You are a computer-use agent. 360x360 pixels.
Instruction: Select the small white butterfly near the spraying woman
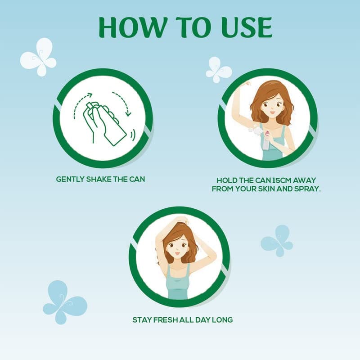point(219,70)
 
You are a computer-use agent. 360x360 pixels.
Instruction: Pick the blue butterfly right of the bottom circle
point(277,241)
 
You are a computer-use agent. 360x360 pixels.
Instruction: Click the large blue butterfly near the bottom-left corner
point(65,302)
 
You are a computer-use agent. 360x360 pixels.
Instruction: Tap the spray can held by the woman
point(266,140)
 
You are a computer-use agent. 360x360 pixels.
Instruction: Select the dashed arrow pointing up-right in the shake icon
point(81,103)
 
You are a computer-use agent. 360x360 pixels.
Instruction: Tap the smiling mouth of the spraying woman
point(272,113)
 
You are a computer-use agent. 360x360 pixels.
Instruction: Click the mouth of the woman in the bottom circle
point(177,253)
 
